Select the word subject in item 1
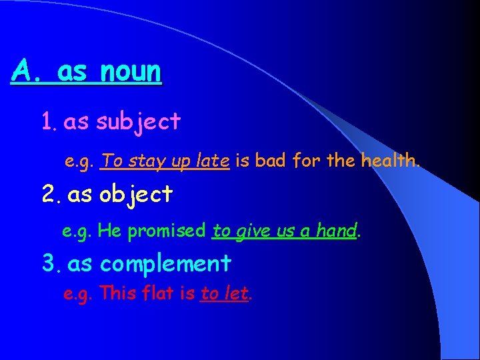coord(138,121)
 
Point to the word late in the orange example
coord(213,160)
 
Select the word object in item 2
coord(136,194)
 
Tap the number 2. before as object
coord(51,194)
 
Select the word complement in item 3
coord(165,263)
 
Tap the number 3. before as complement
coord(51,263)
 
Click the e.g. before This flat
coord(78,294)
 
